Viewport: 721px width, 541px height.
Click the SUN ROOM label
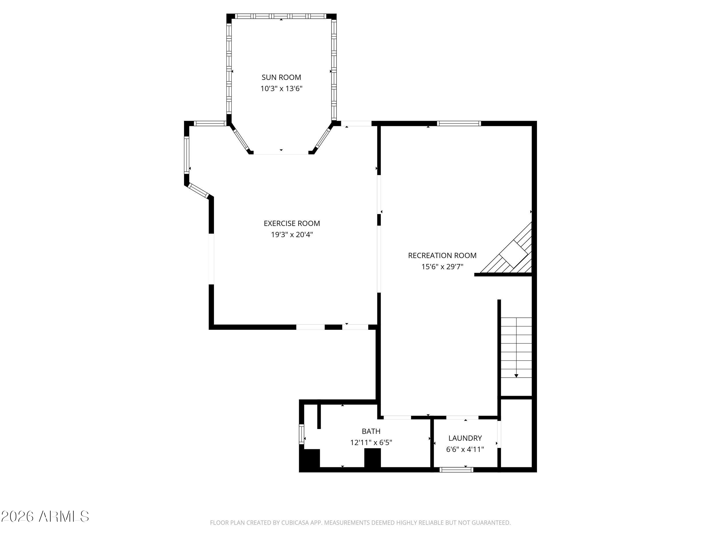pyautogui.click(x=281, y=77)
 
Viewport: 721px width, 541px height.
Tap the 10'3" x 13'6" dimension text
pyautogui.click(x=281, y=89)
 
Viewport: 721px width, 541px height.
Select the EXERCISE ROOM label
pyautogui.click(x=292, y=223)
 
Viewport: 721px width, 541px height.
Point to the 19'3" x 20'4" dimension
pyautogui.click(x=292, y=235)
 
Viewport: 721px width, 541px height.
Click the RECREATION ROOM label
pyautogui.click(x=442, y=256)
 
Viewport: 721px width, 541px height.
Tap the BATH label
pyautogui.click(x=371, y=431)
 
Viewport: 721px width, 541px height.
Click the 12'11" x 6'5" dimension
pyautogui.click(x=371, y=443)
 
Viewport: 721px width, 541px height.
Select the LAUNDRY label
pyautogui.click(x=465, y=438)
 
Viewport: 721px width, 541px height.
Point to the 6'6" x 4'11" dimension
pyautogui.click(x=465, y=449)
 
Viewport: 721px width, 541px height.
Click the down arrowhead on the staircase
pyautogui.click(x=516, y=376)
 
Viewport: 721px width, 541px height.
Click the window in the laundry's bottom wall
pyautogui.click(x=456, y=469)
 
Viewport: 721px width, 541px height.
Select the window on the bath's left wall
pyautogui.click(x=301, y=434)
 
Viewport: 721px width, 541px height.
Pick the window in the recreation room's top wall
pyautogui.click(x=459, y=123)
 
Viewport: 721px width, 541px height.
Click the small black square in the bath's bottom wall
pyautogui.click(x=372, y=458)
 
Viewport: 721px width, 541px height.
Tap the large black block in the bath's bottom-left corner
pyautogui.click(x=310, y=460)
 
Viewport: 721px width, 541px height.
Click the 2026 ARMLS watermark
pyautogui.click(x=45, y=516)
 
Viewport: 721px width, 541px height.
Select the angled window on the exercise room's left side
pyautogui.click(x=198, y=191)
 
